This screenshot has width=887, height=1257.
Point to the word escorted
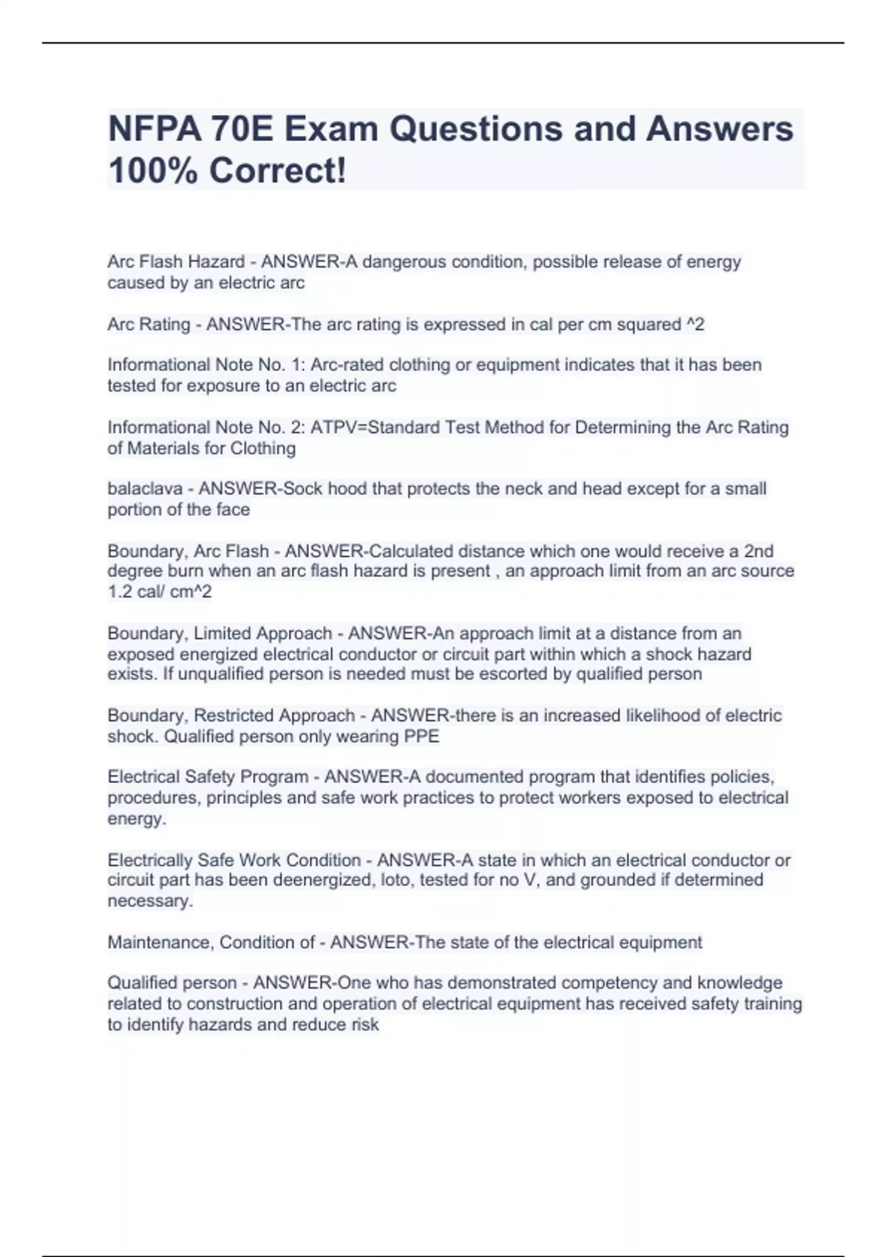coord(500,674)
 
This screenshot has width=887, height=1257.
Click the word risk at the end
coord(363,1025)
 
